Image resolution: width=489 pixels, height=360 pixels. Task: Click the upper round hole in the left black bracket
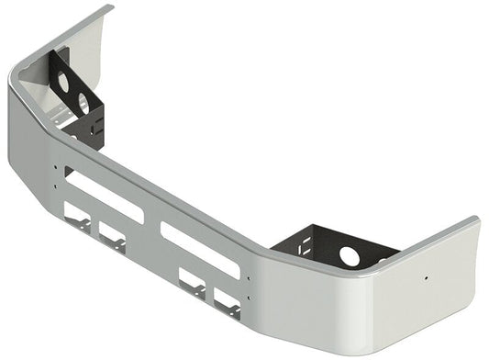64,81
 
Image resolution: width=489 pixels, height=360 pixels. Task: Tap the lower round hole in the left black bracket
83,102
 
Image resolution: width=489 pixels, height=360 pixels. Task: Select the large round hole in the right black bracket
350,255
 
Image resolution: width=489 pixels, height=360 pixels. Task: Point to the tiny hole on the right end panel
427,277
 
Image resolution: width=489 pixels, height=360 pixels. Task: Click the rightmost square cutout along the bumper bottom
227,300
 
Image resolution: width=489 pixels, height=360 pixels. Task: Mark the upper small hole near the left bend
57,168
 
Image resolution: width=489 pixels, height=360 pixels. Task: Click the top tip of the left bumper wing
108,8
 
